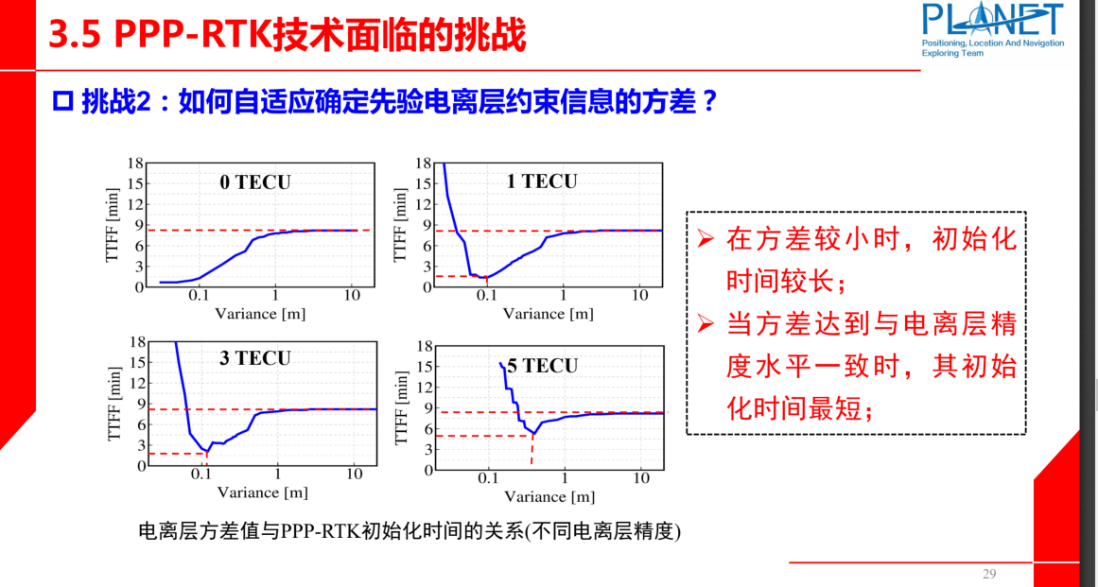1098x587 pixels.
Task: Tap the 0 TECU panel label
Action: point(255,182)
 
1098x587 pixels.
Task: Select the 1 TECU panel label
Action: point(542,181)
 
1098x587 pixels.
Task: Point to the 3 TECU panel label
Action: point(255,358)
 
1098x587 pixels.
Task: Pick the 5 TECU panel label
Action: point(542,366)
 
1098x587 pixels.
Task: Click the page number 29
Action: point(990,574)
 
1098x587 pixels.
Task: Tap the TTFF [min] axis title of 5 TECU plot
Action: point(400,408)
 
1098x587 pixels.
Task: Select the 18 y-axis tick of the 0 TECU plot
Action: point(137,164)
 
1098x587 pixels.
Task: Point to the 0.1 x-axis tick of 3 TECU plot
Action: point(201,474)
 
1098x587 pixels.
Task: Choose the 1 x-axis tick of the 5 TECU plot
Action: point(566,478)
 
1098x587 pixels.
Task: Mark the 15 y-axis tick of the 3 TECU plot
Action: point(138,362)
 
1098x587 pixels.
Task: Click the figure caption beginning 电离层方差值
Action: point(410,532)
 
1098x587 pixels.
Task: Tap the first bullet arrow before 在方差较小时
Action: point(705,239)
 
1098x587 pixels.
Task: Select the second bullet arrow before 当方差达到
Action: point(705,324)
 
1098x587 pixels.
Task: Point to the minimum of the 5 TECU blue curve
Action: point(533,434)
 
